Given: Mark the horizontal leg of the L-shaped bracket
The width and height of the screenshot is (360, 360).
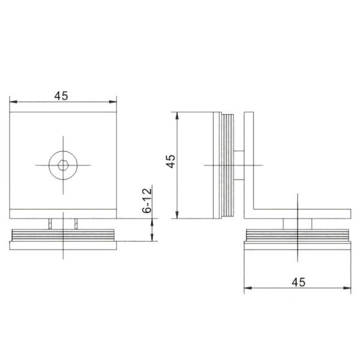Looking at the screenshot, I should click(x=300, y=213).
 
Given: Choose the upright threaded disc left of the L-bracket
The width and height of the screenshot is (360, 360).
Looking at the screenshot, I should click(x=223, y=164).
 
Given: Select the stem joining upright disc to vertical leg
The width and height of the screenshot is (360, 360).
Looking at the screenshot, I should click(x=238, y=164).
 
